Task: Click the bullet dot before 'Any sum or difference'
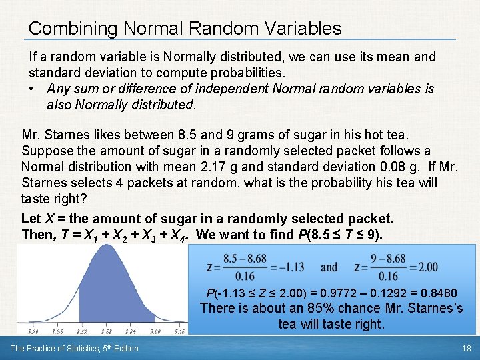pyautogui.click(x=33, y=89)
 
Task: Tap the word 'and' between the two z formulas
pyautogui.click(x=329, y=267)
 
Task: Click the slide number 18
pyautogui.click(x=467, y=348)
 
